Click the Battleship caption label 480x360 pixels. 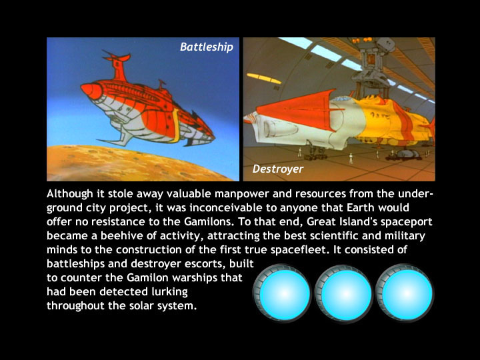click(207, 47)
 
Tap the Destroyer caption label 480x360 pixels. click(278, 169)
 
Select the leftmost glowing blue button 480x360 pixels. click(282, 293)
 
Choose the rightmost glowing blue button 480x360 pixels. click(405, 293)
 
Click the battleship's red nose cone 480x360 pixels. click(91, 91)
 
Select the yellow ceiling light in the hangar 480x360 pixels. click(264, 78)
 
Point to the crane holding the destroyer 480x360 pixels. click(372, 66)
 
